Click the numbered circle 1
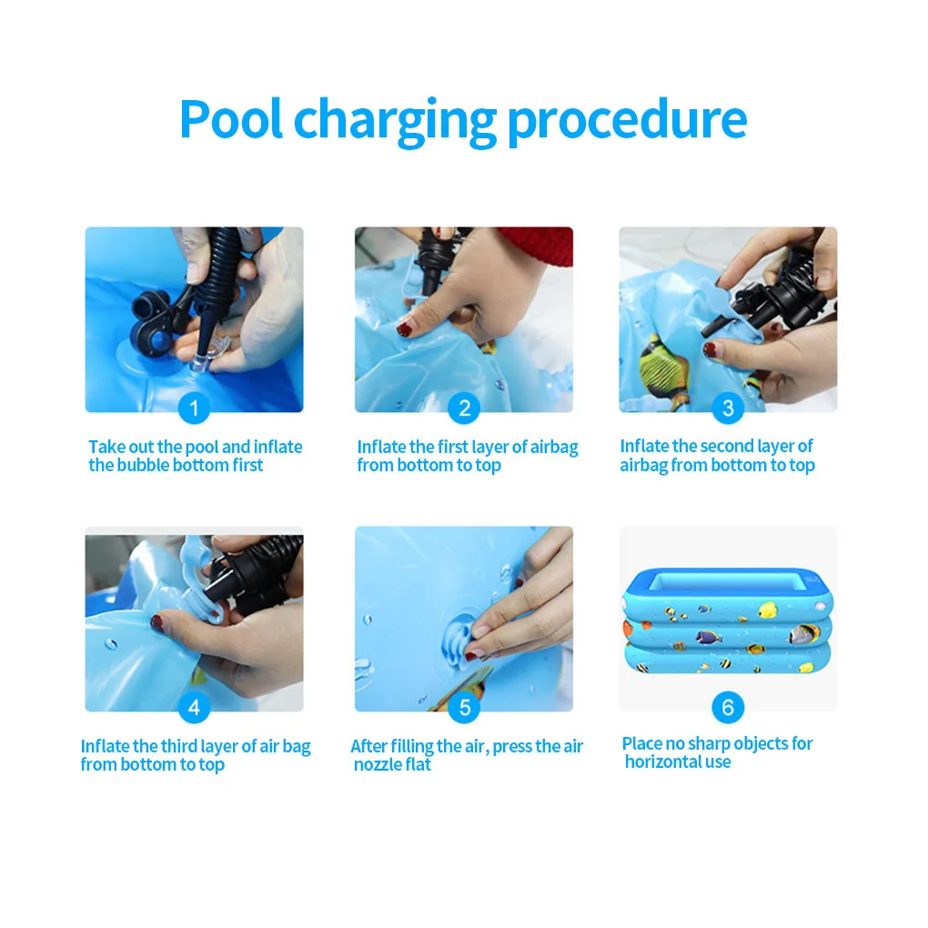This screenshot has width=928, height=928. tap(194, 408)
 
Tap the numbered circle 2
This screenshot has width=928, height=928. tap(464, 408)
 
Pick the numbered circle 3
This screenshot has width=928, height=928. tap(727, 408)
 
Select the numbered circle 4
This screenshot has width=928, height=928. tap(194, 707)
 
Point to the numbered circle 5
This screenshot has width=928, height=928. tap(464, 707)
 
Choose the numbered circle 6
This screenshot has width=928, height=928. tap(727, 707)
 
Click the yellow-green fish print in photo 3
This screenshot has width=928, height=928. tap(664, 359)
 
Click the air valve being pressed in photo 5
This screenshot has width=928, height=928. tap(459, 632)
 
